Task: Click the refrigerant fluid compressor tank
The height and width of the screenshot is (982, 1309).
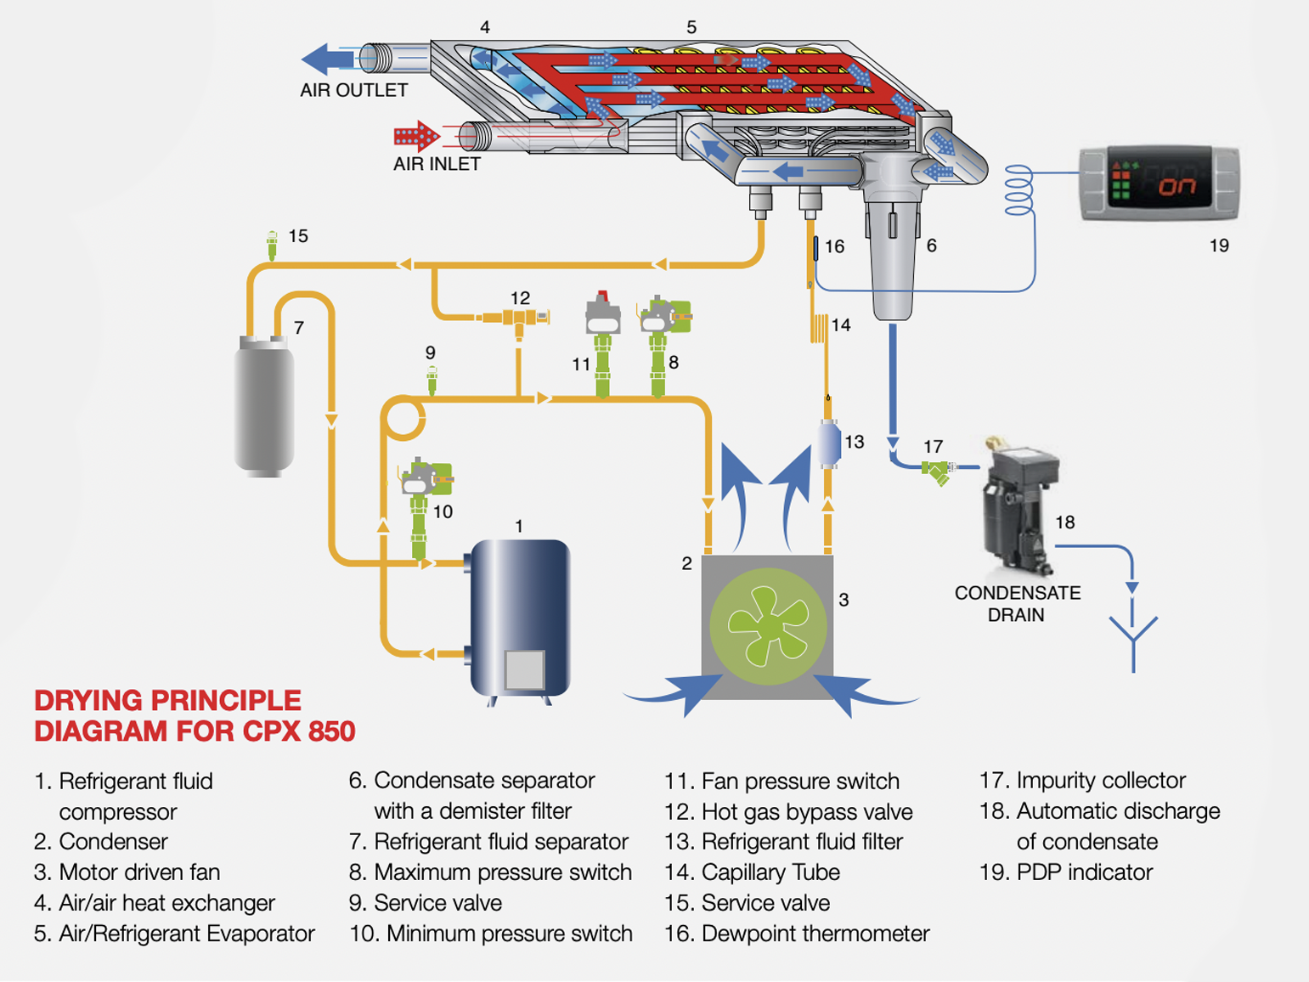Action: pos(520,618)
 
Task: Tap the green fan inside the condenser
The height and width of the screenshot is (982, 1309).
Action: pos(768,627)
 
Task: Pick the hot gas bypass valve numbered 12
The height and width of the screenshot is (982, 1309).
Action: pos(517,319)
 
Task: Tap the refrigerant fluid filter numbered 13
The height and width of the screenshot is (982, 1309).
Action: pos(829,443)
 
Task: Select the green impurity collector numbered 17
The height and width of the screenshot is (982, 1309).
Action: pos(936,471)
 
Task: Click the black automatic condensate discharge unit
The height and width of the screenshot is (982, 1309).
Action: pos(1020,505)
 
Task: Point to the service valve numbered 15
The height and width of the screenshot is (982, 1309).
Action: pos(272,245)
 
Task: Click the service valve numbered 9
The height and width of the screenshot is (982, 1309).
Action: pos(432,380)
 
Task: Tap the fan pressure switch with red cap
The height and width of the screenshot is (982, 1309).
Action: pos(602,319)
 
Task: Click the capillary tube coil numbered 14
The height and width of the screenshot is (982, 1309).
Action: pos(819,328)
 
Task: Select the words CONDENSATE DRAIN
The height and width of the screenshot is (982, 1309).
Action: pos(1017,603)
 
